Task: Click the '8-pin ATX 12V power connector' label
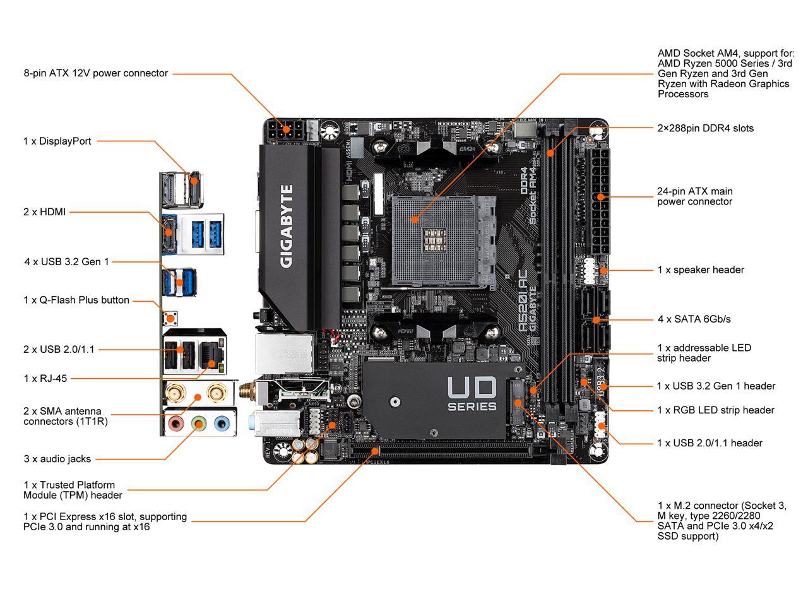[x=96, y=73]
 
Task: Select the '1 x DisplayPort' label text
[x=57, y=141]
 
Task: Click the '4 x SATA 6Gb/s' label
[x=694, y=319]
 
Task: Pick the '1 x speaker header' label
[x=701, y=270]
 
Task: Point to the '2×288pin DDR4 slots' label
[x=705, y=128]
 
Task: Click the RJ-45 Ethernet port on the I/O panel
[x=209, y=355]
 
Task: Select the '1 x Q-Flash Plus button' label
[x=76, y=300]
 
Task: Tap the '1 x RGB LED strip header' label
[x=715, y=410]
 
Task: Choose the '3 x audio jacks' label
[x=57, y=459]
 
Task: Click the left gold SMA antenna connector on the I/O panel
[x=174, y=393]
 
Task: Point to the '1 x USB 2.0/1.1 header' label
[x=710, y=443]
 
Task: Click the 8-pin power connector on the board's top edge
[x=283, y=129]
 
